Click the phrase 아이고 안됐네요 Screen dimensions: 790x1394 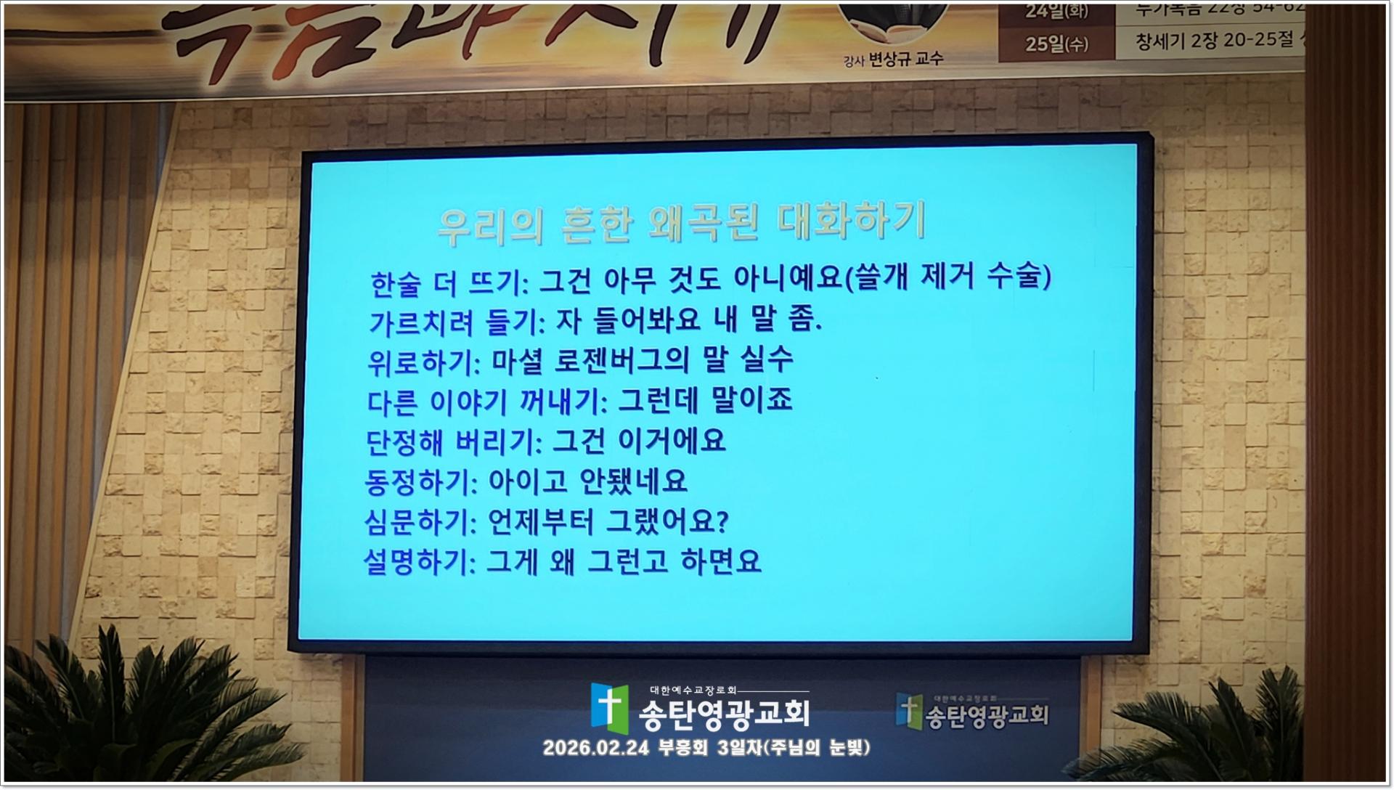pyautogui.click(x=587, y=481)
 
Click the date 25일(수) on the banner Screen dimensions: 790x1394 pyautogui.click(x=1056, y=44)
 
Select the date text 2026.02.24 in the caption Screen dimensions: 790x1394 pyautogui.click(x=596, y=748)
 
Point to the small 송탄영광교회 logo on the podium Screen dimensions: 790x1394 pyautogui.click(x=971, y=711)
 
